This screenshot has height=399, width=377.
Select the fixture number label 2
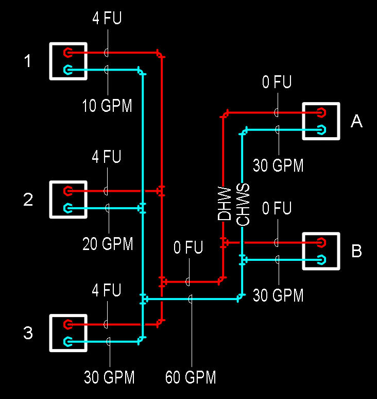(28, 199)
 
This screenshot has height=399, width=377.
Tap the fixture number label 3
(28, 333)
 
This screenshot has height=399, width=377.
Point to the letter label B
(356, 251)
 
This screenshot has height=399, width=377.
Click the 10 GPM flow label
(107, 106)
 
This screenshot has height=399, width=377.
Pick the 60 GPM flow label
(191, 377)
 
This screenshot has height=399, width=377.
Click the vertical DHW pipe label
(225, 203)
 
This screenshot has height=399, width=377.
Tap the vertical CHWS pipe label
(243, 204)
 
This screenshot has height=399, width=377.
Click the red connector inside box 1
(67, 52)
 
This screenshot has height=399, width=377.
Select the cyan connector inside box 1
(67, 70)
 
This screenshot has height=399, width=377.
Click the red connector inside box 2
(67, 191)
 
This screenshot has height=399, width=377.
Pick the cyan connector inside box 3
(67, 341)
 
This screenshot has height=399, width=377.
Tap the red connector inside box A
(321, 112)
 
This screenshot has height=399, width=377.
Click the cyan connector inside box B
(321, 259)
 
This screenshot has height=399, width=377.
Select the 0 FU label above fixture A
(277, 82)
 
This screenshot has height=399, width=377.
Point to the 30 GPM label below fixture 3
(109, 377)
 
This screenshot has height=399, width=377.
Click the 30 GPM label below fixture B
(278, 295)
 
